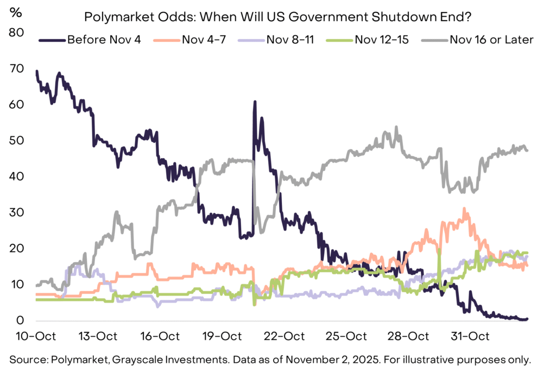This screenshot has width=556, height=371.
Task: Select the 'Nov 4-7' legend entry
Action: pos(194,40)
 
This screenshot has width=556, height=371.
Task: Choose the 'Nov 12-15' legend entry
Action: pos(382,40)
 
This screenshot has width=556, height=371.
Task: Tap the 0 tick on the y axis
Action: pos(21,320)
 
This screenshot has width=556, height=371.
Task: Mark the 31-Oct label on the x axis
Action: pos(470,336)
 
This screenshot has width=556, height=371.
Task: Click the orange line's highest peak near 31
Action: pos(464,208)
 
